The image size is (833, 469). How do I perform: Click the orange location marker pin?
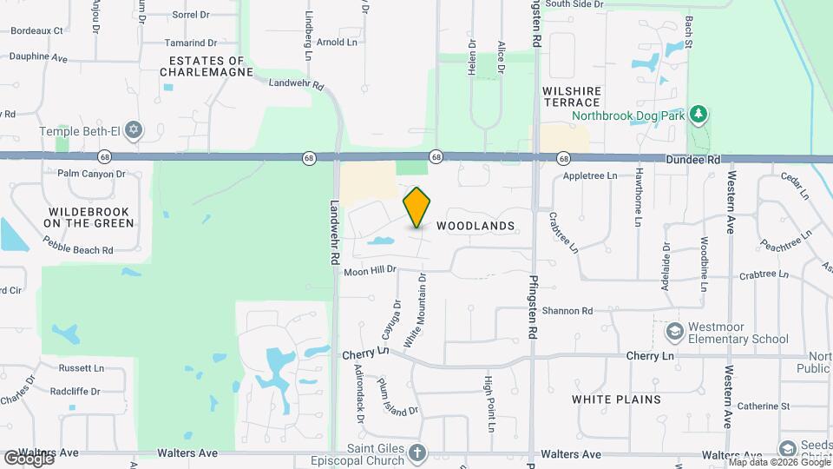pyautogui.click(x=417, y=208)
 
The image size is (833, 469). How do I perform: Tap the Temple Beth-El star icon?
pyautogui.click(x=133, y=131)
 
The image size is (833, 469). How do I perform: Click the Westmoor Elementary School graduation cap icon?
pyautogui.click(x=673, y=331)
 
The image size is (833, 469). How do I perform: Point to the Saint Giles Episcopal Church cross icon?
pyautogui.click(x=417, y=452)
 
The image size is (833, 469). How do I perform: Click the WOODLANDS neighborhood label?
pyautogui.click(x=476, y=226)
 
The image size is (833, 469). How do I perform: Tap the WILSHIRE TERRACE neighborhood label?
pyautogui.click(x=571, y=96)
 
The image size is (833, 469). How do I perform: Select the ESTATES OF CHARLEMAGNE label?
pyautogui.click(x=207, y=67)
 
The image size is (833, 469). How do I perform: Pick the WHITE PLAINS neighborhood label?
pyautogui.click(x=616, y=400)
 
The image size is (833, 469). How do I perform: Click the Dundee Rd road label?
pyautogui.click(x=694, y=161)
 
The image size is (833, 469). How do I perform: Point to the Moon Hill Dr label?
pyautogui.click(x=370, y=271)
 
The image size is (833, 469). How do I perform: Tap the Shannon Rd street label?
pyautogui.click(x=567, y=310)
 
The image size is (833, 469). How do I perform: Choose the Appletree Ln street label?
pyautogui.click(x=589, y=175)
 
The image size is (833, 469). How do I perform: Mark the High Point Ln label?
pyautogui.click(x=489, y=404)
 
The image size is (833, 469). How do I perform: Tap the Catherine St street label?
pyautogui.click(x=763, y=406)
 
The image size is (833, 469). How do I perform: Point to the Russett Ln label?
pyautogui.click(x=81, y=367)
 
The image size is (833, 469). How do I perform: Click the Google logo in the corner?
pyautogui.click(x=29, y=458)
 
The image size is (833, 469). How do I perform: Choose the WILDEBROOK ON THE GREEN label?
pyautogui.click(x=91, y=217)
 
